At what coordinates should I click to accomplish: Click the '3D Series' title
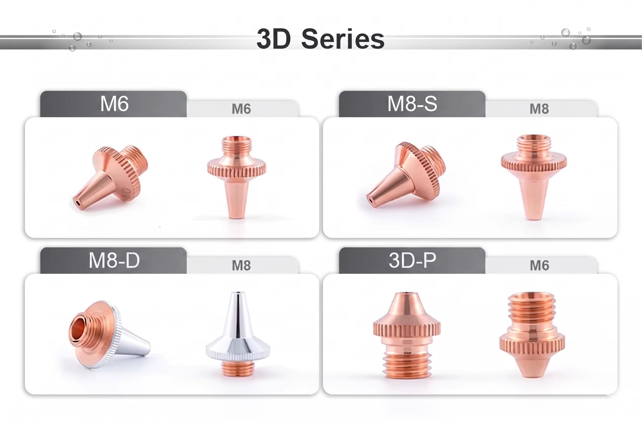point(320,39)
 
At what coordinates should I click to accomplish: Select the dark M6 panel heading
point(114,104)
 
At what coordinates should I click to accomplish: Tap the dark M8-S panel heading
point(412,104)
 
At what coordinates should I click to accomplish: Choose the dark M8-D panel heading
point(114,260)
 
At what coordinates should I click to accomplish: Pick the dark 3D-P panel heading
point(412,260)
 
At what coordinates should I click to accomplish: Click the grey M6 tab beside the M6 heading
point(241,109)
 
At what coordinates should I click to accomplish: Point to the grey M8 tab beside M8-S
point(539,109)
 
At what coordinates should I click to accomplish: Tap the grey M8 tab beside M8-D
point(241,266)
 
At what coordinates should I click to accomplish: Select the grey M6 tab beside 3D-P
point(539,266)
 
